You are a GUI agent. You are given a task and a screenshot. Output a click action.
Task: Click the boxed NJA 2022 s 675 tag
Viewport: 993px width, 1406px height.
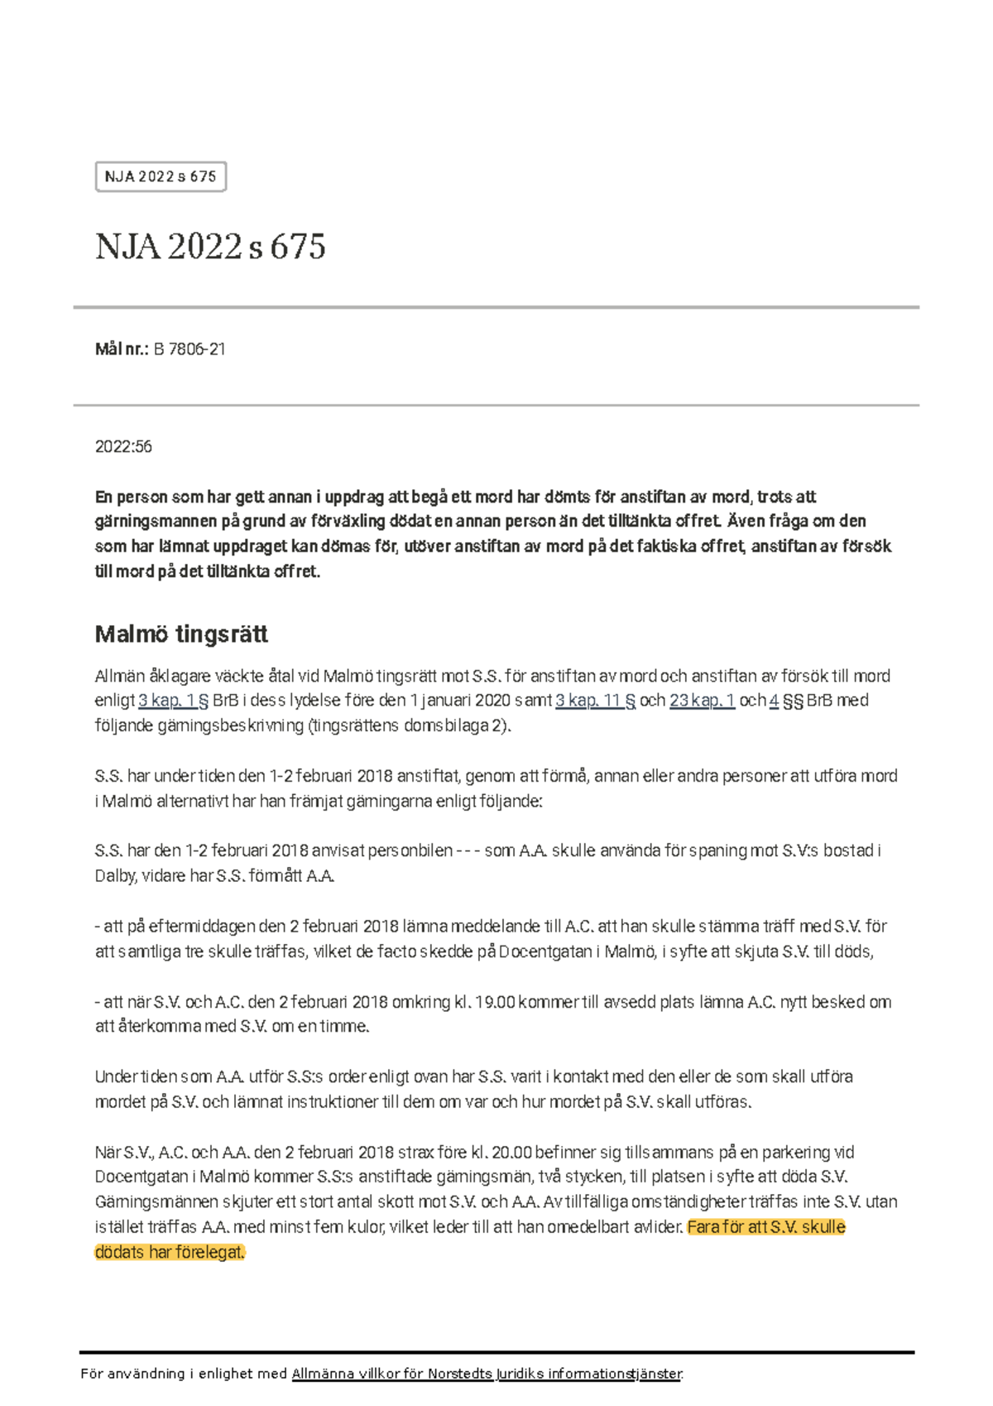click(161, 176)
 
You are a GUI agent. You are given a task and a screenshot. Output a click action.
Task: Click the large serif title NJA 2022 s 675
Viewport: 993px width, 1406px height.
click(210, 247)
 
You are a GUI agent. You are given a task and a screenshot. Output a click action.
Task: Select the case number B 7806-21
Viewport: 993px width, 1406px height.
click(189, 349)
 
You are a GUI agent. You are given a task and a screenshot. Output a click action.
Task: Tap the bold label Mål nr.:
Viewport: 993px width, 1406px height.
click(122, 349)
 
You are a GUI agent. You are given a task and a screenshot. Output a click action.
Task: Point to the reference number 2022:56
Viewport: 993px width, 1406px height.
click(123, 446)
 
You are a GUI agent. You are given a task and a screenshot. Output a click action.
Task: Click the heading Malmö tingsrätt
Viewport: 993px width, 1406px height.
click(181, 634)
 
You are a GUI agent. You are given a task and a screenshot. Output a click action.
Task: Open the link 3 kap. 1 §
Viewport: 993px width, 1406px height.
click(173, 701)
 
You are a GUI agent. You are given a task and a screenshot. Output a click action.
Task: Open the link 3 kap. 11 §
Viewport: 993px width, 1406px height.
click(595, 701)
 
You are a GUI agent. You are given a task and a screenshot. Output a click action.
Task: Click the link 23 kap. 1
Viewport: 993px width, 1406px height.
click(702, 701)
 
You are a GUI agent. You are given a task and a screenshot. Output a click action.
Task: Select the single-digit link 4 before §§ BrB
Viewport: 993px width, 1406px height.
click(774, 701)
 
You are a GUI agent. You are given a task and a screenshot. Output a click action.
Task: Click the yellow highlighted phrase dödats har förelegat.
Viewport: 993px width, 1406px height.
click(170, 1252)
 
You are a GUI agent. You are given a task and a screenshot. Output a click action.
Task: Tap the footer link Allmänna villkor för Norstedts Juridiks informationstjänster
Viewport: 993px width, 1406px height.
click(487, 1374)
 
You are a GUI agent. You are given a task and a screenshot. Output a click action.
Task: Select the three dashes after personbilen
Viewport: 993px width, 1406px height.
click(468, 851)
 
